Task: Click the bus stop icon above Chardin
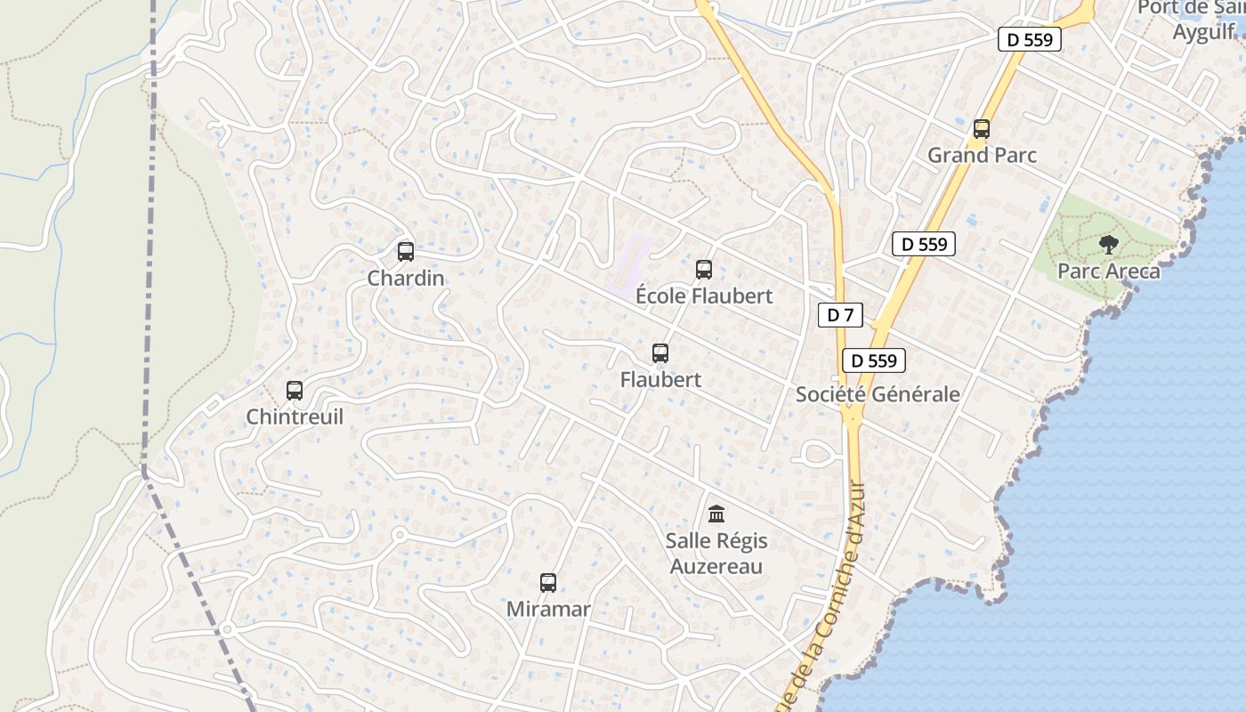coord(406,252)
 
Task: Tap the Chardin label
coord(406,279)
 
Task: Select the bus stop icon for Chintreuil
coord(295,391)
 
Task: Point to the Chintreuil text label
coord(295,417)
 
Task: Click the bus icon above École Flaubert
coord(704,269)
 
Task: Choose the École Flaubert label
coord(704,295)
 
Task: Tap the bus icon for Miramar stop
coord(548,583)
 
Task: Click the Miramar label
coord(548,610)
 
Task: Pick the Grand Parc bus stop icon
coord(982,129)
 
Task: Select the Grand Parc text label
coord(982,155)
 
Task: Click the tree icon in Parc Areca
coord(1109,244)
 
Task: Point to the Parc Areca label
coord(1109,271)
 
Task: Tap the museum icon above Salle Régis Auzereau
coord(716,514)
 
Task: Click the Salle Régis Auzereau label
coord(716,553)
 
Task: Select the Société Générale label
coord(878,394)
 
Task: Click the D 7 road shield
coord(840,315)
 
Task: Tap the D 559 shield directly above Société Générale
coord(874,360)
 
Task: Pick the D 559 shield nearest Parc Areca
coord(924,244)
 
